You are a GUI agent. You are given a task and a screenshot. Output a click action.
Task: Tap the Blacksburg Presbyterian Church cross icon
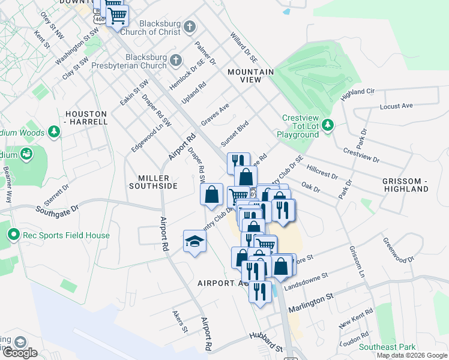(x=176, y=60)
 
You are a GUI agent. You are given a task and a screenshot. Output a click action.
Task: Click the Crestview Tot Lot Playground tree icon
(x=327, y=125)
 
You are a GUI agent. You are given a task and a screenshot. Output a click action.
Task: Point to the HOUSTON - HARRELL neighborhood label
(x=86, y=118)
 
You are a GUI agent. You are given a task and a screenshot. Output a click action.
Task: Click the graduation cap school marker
(x=194, y=242)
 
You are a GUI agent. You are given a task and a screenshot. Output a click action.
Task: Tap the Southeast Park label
(x=387, y=347)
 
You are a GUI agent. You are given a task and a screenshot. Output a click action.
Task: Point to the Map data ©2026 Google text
(x=411, y=355)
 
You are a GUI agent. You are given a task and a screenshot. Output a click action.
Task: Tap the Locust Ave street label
(x=397, y=106)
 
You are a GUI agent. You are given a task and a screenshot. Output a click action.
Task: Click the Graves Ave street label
(x=215, y=114)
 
